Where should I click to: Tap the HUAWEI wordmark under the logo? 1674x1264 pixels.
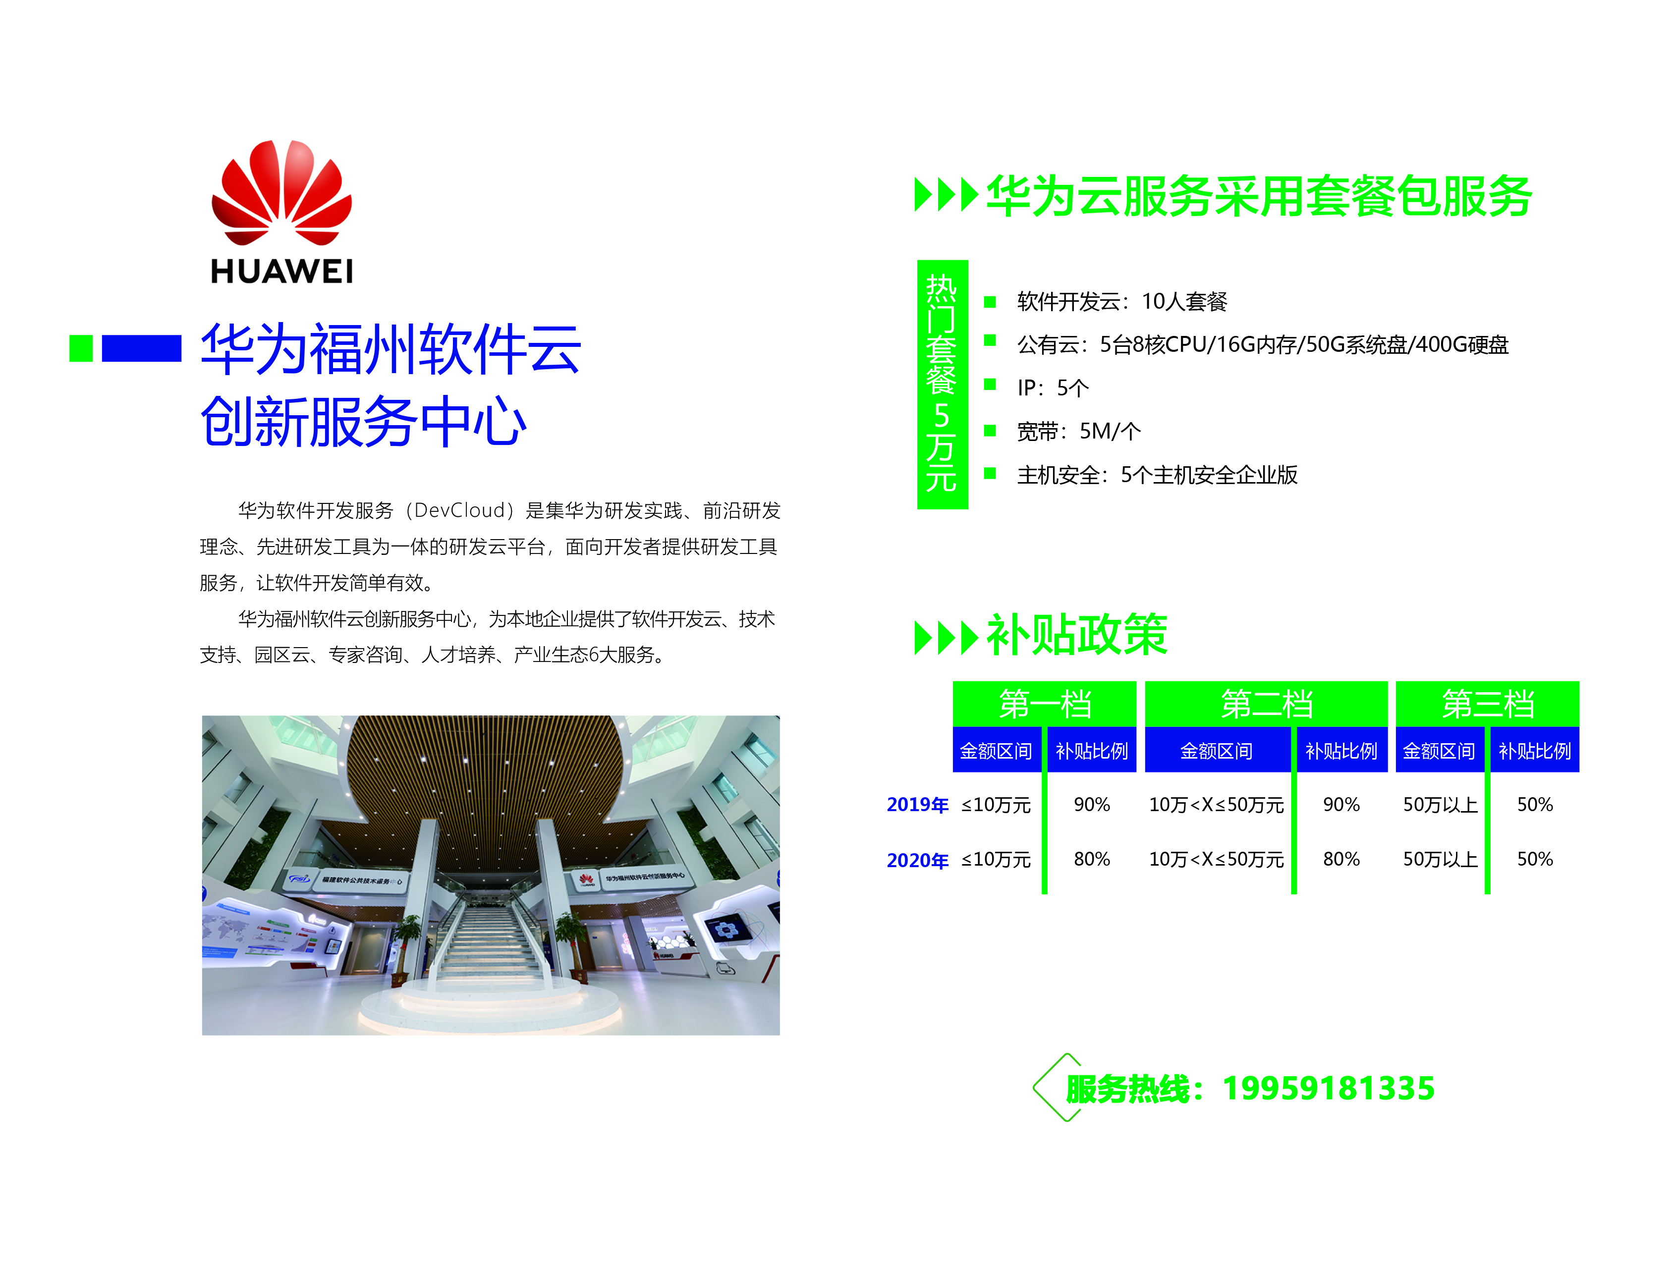click(281, 271)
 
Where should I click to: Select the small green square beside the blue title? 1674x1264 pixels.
click(81, 348)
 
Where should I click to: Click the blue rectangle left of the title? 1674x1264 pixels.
click(142, 348)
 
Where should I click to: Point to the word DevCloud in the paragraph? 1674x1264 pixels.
click(459, 510)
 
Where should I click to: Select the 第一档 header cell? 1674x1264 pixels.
click(1044, 704)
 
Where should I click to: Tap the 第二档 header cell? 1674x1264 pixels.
click(1266, 704)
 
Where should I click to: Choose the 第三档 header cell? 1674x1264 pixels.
click(1487, 704)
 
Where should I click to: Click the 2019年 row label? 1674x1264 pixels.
click(917, 805)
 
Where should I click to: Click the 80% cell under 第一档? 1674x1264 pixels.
click(1091, 859)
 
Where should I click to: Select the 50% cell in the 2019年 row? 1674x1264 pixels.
click(1535, 805)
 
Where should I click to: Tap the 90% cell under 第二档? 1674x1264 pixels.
click(1341, 805)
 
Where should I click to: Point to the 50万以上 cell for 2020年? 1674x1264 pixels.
click(1440, 859)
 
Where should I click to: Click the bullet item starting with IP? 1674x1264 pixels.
click(1053, 388)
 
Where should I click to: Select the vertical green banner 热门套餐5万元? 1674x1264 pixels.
click(942, 385)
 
